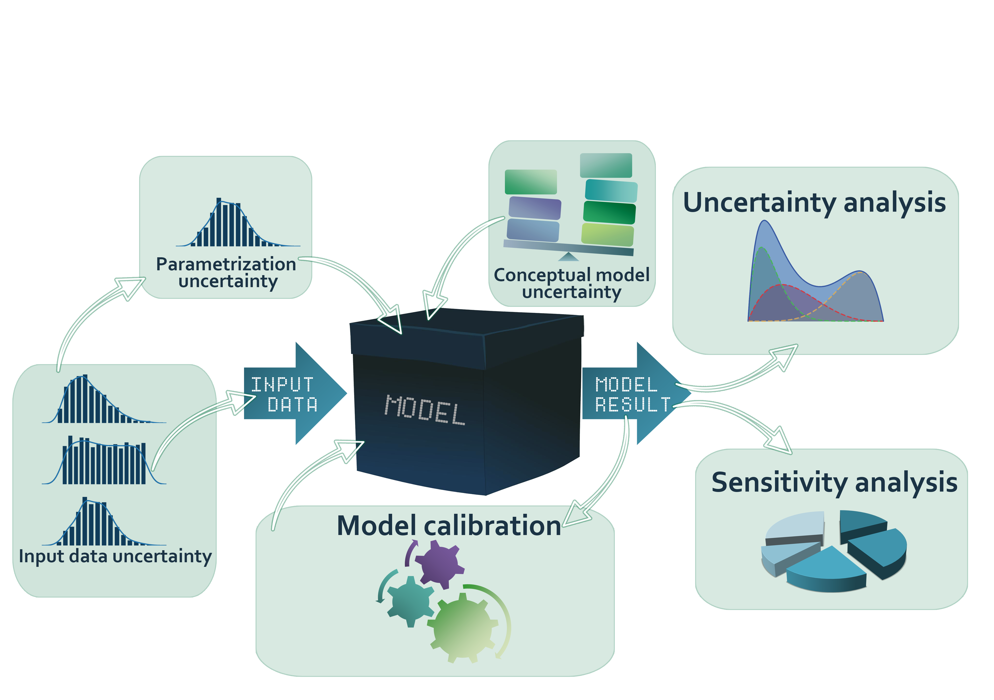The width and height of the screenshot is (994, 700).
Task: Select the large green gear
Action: (x=462, y=626)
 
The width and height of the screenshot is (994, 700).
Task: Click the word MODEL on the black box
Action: (x=424, y=410)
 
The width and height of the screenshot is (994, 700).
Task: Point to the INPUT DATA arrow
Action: (x=294, y=394)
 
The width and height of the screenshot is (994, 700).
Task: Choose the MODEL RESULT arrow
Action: (x=632, y=394)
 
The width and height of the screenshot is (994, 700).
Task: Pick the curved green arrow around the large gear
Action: (x=502, y=614)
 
